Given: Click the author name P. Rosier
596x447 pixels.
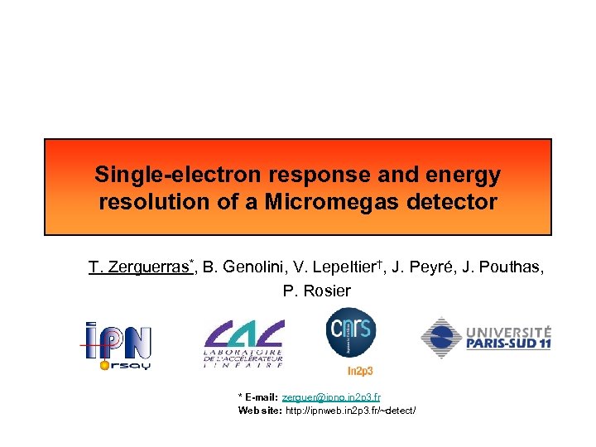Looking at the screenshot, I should [x=317, y=291].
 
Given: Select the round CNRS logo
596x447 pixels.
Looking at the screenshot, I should [x=350, y=332].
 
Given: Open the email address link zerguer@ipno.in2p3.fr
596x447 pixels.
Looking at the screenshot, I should [x=331, y=397].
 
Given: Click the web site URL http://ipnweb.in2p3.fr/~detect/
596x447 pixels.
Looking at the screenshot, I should [x=350, y=410].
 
